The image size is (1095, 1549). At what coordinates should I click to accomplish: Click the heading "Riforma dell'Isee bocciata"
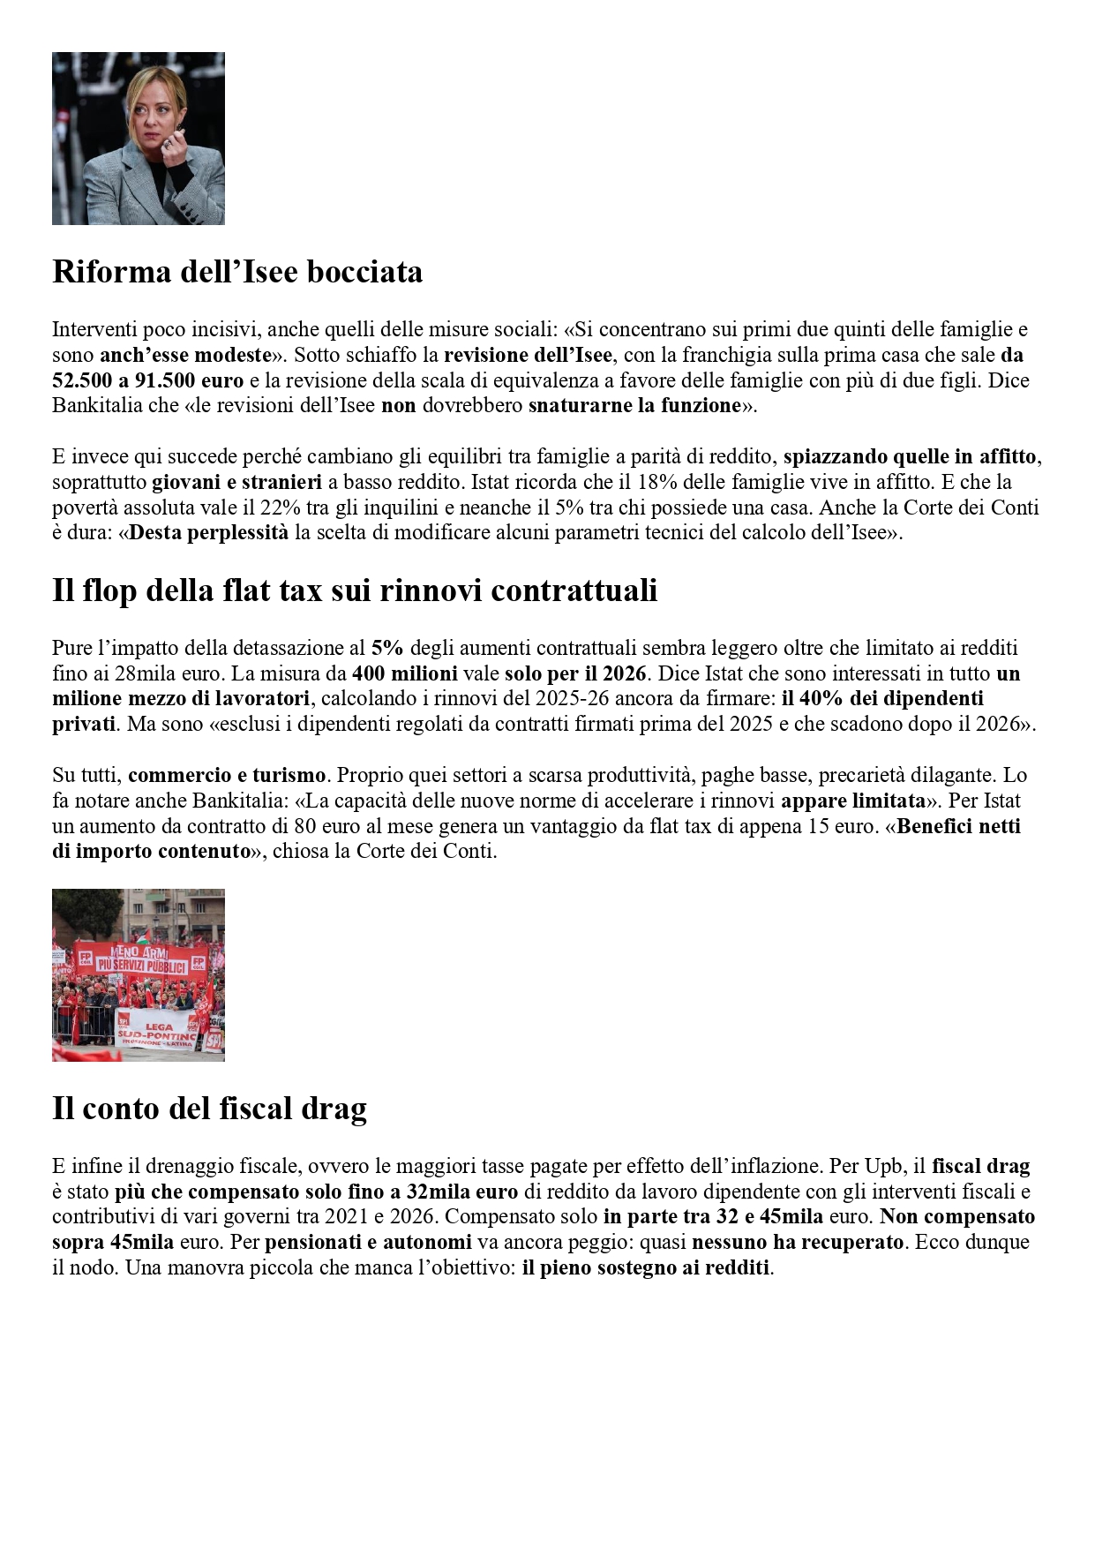coord(237,272)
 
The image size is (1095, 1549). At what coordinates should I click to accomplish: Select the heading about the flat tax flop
coord(355,590)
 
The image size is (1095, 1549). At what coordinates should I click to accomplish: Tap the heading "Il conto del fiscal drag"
coord(209,1109)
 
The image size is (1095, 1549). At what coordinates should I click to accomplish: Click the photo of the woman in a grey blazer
coord(139,139)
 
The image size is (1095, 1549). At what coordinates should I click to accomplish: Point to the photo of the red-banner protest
coord(139,974)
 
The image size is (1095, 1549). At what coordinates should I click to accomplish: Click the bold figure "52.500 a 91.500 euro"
coord(147,381)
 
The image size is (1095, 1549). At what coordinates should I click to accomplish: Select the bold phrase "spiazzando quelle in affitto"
coord(910,457)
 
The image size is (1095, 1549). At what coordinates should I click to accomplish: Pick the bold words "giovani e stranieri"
coord(236,483)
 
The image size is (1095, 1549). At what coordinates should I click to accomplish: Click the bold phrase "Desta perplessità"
coord(209,533)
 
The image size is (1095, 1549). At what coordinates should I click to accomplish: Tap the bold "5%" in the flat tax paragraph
coord(387,648)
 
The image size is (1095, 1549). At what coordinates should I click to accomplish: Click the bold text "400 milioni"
coord(405,673)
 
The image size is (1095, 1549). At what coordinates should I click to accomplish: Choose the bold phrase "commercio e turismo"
coord(227,776)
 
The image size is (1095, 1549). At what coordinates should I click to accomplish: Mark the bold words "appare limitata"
coord(853,801)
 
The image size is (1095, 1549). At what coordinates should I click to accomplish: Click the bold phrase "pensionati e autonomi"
coord(368,1243)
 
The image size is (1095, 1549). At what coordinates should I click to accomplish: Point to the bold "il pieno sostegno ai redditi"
coord(646,1268)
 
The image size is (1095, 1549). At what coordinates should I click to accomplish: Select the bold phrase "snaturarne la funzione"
coord(634,406)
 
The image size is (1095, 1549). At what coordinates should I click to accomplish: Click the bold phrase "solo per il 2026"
coord(575,673)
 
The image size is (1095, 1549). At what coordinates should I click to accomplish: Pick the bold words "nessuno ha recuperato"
coord(798,1243)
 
